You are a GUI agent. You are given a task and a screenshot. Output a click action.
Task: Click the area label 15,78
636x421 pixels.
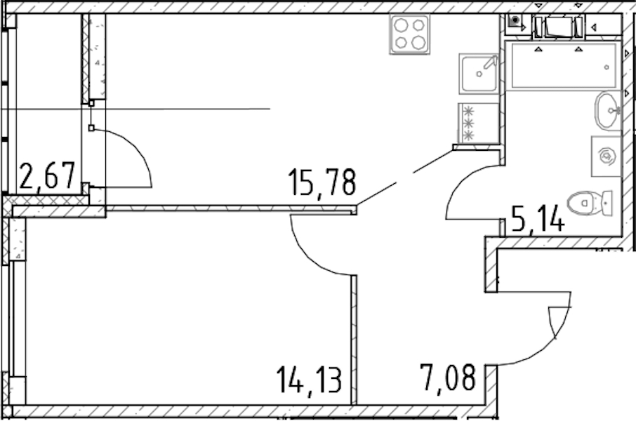tap(322, 183)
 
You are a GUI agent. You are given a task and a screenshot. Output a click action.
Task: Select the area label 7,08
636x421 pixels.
tap(448, 378)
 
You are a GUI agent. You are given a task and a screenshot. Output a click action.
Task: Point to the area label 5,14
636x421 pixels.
tap(538, 219)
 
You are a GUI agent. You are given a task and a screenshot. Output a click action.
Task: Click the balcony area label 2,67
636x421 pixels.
tap(48, 176)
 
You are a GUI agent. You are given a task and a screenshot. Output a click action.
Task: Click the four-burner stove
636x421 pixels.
tap(409, 34)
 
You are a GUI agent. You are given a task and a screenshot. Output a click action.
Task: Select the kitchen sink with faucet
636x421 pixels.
tap(479, 74)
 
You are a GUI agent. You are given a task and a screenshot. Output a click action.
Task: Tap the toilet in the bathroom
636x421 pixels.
tap(590, 202)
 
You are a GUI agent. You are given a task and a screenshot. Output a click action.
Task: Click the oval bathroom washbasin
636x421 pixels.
tap(608, 111)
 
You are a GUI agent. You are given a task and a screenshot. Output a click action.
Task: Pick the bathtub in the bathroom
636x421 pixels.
tap(563, 65)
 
